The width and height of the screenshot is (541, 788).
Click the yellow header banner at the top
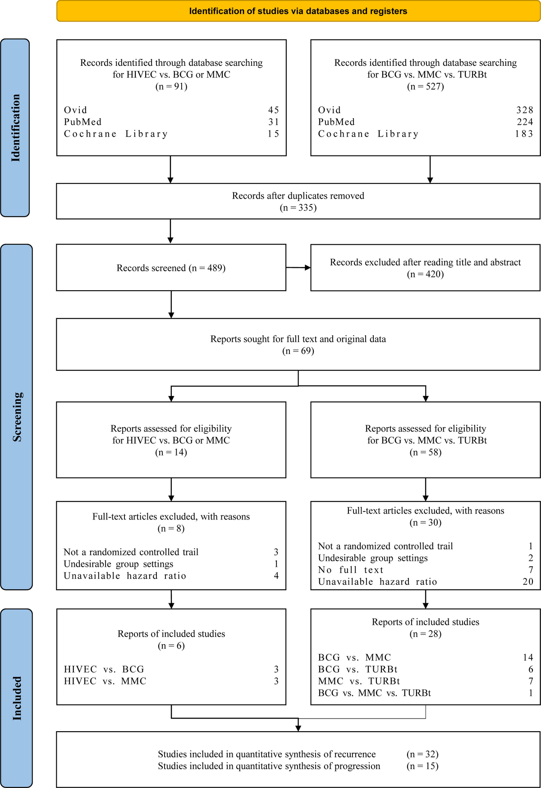[298, 11]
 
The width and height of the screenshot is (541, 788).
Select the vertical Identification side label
[15, 128]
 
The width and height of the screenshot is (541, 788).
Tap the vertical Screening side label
[17, 417]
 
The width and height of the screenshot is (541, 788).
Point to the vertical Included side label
[17, 698]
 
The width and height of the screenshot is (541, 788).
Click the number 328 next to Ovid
[525, 110]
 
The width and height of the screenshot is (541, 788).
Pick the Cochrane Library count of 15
[273, 134]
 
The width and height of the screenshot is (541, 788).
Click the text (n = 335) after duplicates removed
[298, 208]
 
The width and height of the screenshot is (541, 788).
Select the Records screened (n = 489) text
[171, 268]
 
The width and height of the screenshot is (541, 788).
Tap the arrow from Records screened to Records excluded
[298, 268]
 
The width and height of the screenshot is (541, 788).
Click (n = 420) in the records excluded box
[425, 274]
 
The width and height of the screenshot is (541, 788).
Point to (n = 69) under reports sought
[298, 351]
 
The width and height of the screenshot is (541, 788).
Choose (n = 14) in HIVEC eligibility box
[171, 452]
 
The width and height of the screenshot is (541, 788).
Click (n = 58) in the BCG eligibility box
[425, 452]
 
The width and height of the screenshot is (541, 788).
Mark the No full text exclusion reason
[351, 570]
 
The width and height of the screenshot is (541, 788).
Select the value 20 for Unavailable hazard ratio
[528, 582]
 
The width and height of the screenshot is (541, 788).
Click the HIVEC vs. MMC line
[105, 681]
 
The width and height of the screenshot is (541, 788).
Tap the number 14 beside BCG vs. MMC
[528, 657]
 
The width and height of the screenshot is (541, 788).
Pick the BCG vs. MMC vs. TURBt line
[374, 693]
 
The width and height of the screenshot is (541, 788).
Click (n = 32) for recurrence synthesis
[422, 754]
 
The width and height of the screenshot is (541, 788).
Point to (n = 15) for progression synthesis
[422, 766]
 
